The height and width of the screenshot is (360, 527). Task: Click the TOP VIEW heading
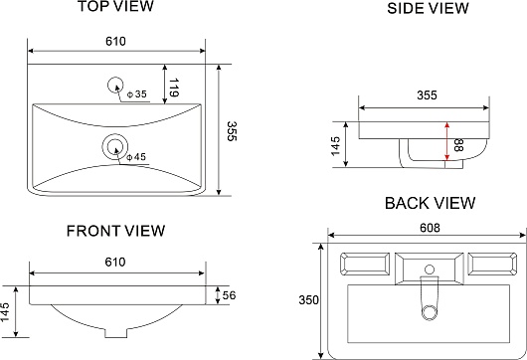[x=116, y=6]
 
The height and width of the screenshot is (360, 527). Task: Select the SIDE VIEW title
[x=428, y=8]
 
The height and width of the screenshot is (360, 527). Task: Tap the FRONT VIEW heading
[x=115, y=231]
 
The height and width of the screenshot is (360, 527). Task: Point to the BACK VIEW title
[x=430, y=203]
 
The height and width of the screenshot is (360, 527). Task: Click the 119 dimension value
[x=173, y=88]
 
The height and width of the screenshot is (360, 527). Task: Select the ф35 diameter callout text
[x=137, y=94]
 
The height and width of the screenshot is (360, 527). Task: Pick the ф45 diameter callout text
[x=136, y=157]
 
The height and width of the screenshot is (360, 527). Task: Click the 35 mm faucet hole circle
[x=115, y=86]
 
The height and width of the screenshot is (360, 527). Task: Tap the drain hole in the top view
[x=115, y=146]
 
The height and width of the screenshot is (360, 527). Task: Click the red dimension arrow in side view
[x=446, y=141]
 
